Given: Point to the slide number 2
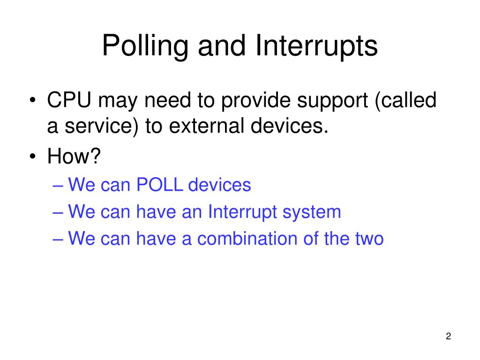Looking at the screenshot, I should (x=448, y=337).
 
